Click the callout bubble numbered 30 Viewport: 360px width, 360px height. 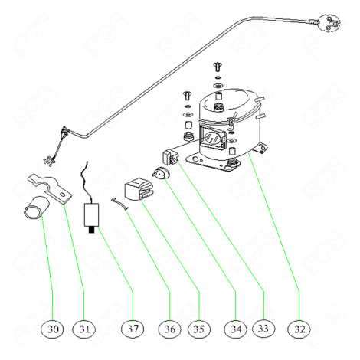[53, 329]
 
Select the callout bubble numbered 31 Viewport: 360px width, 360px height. [84, 329]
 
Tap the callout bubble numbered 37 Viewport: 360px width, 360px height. [133, 329]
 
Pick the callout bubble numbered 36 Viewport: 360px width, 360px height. [170, 329]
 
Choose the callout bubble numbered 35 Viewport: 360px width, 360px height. [199, 329]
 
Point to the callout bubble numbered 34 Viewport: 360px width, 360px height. [236, 329]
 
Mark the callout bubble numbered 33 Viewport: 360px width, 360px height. [263, 329]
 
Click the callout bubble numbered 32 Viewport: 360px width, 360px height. [299, 329]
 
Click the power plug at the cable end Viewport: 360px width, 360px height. [329, 23]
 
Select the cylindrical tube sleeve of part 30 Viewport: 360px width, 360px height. [35, 208]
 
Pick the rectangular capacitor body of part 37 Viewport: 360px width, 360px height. [92, 215]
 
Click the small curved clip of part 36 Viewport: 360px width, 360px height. [119, 204]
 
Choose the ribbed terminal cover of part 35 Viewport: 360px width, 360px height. [138, 189]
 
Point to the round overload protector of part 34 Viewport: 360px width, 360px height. [161, 172]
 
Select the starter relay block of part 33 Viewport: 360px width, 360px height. [171, 157]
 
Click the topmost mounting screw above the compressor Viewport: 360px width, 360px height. [218, 67]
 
